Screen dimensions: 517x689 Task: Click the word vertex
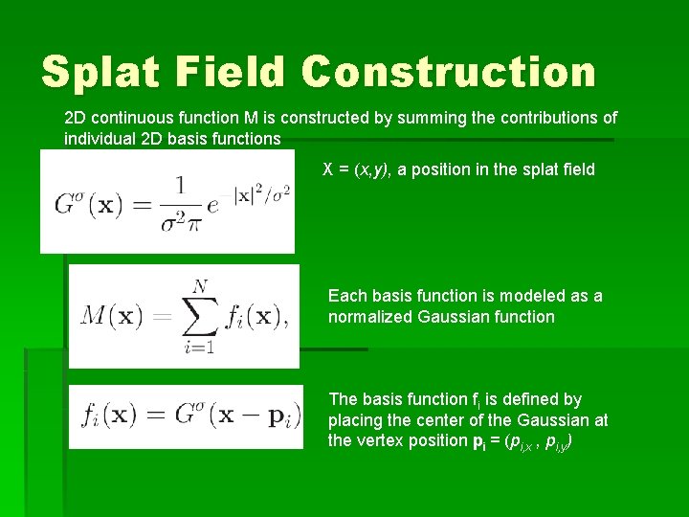(x=382, y=441)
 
